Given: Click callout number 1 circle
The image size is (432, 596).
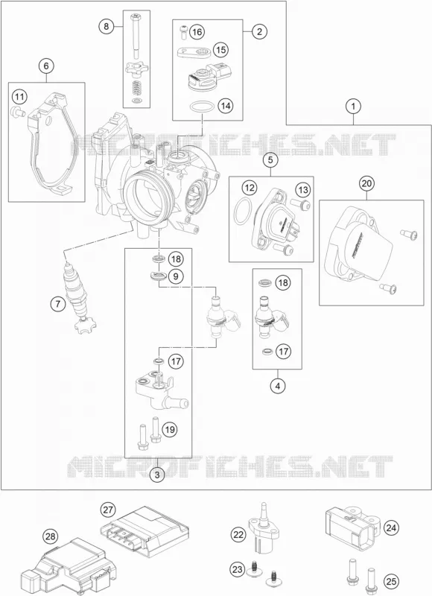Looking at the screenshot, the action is pos(353,107).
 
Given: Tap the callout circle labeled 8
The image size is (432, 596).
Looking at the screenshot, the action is pos(107,26).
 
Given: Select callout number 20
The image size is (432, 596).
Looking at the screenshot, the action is pos(366,183).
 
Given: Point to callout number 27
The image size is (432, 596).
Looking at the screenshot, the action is pos(108,510).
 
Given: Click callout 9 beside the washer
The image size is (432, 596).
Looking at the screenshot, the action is pos(176,276).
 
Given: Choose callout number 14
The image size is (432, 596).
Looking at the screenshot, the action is pos(226,106).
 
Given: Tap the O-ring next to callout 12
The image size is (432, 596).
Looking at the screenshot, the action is pos(242,212).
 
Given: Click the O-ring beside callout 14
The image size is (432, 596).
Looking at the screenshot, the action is pos(201,107).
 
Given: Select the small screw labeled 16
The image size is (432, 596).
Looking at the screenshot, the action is pos(184,31).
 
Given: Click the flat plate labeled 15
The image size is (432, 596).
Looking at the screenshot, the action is pos(193,51).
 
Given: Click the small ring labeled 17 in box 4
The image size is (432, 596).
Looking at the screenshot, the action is pos(268,351).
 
